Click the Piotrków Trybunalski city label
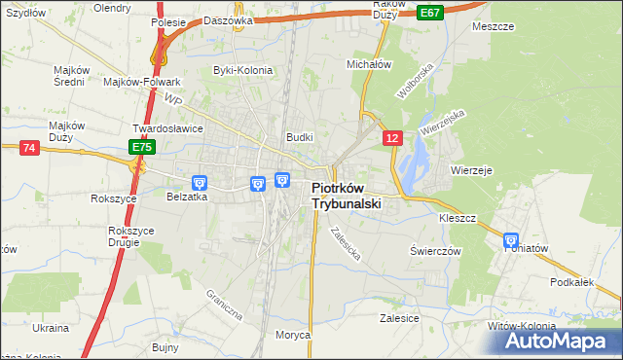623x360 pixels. [x=346, y=197]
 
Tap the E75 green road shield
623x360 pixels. [x=142, y=147]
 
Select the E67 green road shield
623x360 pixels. [x=429, y=12]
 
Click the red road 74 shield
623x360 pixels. [x=28, y=147]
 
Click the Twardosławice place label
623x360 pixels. [x=166, y=128]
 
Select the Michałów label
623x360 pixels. [x=369, y=63]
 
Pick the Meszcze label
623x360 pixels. [x=493, y=26]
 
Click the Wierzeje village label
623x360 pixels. [x=472, y=169]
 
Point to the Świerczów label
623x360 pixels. [x=435, y=250]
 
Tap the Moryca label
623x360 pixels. [x=293, y=335]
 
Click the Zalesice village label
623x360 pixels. [x=399, y=318]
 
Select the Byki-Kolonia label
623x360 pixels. [x=243, y=70]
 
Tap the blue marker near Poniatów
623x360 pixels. [x=511, y=240]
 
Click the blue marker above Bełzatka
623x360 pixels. [x=200, y=181]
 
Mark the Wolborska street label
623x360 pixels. [x=413, y=84]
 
